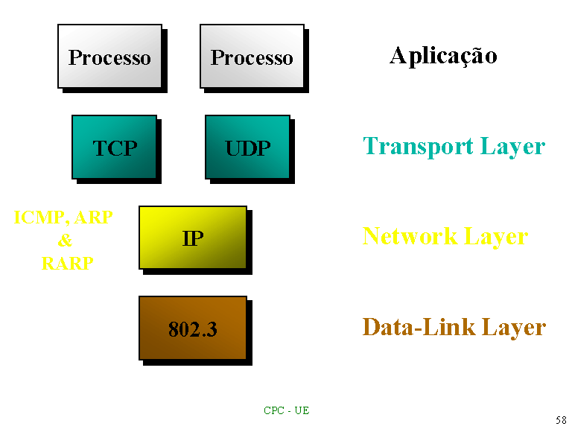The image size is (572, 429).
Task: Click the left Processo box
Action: pyautogui.click(x=109, y=56)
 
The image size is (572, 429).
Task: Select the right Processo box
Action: pyautogui.click(x=252, y=56)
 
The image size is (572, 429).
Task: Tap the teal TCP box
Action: pyautogui.click(x=114, y=147)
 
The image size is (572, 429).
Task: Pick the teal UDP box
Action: pyautogui.click(x=248, y=147)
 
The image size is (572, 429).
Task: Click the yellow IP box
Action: pyautogui.click(x=193, y=238)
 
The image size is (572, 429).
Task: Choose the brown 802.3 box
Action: pyautogui.click(x=193, y=328)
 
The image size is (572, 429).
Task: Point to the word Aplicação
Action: pyautogui.click(x=443, y=57)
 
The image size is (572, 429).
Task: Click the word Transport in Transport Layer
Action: pyautogui.click(x=418, y=147)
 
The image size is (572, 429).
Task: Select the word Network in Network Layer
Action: pyautogui.click(x=410, y=236)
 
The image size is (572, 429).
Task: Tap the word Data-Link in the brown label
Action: pyautogui.click(x=419, y=326)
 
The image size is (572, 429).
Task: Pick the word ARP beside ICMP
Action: pyautogui.click(x=93, y=217)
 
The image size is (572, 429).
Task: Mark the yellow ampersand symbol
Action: pyautogui.click(x=65, y=240)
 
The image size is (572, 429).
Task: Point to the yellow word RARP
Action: pyautogui.click(x=68, y=263)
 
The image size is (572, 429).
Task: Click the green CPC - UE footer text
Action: pyautogui.click(x=286, y=410)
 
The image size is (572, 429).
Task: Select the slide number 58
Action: pyautogui.click(x=561, y=420)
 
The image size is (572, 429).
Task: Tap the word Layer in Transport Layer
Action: pyautogui.click(x=513, y=147)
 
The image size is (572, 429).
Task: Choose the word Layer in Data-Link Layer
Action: pyautogui.click(x=514, y=328)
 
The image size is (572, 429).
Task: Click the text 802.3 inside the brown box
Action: pyautogui.click(x=193, y=329)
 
